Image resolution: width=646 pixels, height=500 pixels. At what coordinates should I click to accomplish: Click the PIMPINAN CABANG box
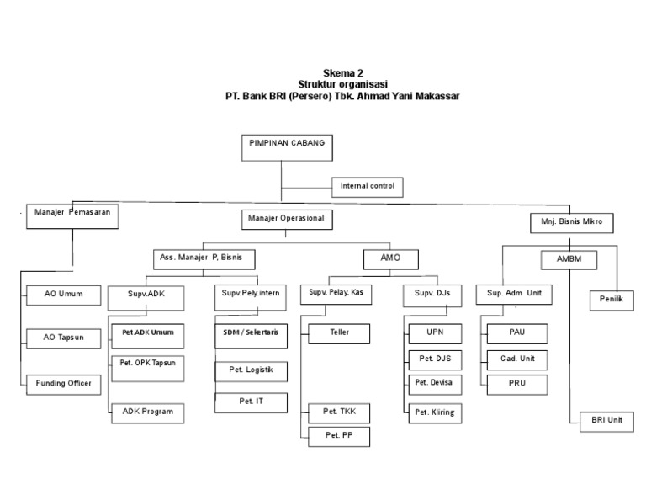(287, 147)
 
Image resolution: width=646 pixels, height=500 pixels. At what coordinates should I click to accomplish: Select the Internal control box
(367, 187)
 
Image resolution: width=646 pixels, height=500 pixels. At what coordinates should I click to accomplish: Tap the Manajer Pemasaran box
(72, 216)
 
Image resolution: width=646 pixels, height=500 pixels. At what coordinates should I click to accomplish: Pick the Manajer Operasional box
(287, 220)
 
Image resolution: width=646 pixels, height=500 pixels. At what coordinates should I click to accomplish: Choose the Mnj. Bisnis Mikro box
(571, 223)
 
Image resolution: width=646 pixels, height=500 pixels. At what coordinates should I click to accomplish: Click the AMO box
(391, 259)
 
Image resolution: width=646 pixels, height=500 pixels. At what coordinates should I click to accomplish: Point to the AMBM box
(569, 260)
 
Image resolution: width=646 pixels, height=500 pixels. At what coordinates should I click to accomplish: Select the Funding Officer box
(63, 385)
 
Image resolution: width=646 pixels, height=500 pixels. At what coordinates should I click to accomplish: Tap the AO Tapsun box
(63, 339)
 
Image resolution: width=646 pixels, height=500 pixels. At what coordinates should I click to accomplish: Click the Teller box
(339, 333)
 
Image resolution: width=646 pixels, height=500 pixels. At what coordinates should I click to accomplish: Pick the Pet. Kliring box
(435, 413)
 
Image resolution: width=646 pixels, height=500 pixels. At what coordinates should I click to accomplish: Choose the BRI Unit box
(606, 422)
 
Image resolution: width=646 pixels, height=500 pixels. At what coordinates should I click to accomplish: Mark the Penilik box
(612, 301)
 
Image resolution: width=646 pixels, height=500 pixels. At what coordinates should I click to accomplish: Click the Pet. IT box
(251, 402)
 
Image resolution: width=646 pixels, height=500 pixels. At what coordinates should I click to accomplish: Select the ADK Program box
(147, 413)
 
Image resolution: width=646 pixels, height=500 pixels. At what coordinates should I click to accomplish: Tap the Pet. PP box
(339, 437)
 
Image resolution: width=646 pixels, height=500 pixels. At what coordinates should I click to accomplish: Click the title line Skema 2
(343, 73)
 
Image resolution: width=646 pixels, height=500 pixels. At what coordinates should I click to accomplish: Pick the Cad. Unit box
(517, 360)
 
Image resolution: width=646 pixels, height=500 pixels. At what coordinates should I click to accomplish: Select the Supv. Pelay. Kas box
(336, 295)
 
